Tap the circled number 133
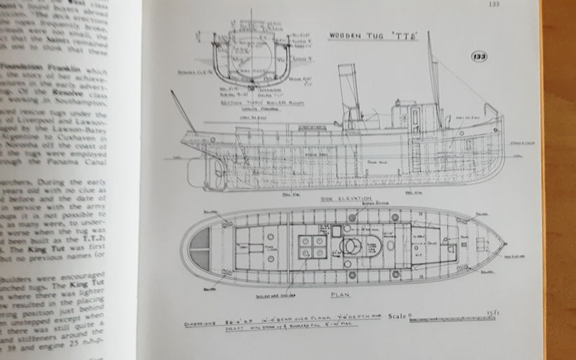coord(477,57)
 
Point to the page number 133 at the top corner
coord(493,5)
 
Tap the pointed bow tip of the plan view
coord(503,246)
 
